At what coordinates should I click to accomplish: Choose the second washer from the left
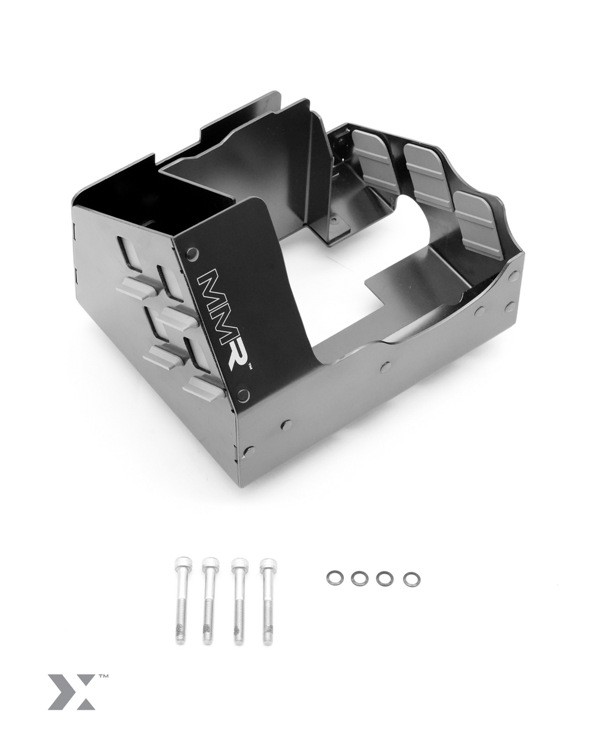(x=359, y=578)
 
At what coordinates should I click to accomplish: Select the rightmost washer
(x=410, y=579)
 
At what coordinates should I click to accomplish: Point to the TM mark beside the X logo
(x=103, y=677)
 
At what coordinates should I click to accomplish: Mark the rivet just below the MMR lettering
(x=242, y=395)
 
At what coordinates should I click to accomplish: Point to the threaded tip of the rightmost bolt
(x=267, y=634)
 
